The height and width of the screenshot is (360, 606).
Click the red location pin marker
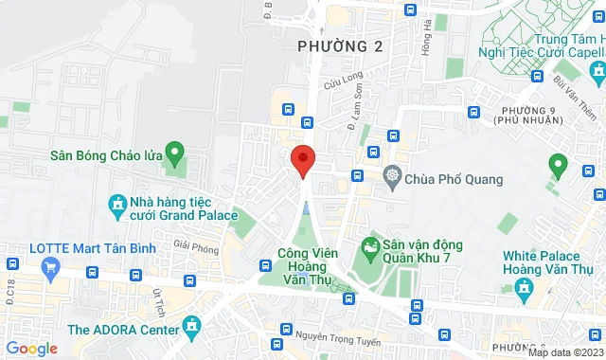tap(302, 159)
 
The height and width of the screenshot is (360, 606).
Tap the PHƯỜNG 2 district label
tap(331, 46)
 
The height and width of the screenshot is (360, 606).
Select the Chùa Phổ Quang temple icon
tap(392, 176)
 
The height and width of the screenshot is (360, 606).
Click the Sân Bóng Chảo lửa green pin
tap(173, 152)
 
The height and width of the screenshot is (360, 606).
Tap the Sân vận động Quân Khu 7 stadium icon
tap(369, 250)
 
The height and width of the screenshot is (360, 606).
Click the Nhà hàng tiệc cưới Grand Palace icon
tap(116, 204)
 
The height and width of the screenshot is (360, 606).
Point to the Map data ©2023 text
tap(565, 352)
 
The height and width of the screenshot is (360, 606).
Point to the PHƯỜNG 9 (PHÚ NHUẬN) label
tap(530, 117)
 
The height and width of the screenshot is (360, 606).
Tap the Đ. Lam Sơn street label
tap(355, 113)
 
